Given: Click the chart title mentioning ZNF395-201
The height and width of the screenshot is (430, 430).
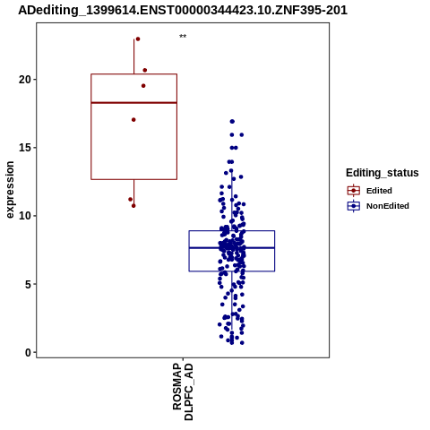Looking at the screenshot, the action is (x=183, y=10).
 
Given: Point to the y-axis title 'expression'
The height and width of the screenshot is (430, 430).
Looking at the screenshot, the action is (x=10, y=190).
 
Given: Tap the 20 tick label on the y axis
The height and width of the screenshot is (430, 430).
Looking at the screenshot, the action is (x=25, y=80).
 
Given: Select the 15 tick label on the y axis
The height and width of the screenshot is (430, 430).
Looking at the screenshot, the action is (x=25, y=148).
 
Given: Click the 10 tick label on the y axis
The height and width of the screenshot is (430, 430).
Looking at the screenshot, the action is (x=25, y=216).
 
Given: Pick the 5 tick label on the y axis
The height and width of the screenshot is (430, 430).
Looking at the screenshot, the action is (x=28, y=284).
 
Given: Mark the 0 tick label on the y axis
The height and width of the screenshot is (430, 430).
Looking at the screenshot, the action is (x=28, y=353).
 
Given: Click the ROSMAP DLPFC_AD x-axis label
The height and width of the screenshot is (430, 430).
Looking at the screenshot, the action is (x=183, y=391).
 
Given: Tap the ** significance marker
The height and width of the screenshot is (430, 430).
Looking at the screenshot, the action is (x=183, y=37).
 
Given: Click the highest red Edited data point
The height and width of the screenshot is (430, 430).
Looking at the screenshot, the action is (x=138, y=39).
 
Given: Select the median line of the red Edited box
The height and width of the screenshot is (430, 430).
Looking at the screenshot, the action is (x=134, y=103).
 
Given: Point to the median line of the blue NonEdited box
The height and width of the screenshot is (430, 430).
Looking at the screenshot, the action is (x=232, y=248).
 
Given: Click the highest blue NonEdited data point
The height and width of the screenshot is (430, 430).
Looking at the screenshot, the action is (x=232, y=122).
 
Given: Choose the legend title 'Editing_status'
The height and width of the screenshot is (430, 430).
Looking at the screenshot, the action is (x=383, y=173).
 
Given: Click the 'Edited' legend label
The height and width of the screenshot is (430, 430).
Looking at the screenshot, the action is (x=379, y=191).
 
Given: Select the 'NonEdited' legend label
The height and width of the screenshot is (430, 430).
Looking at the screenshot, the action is (x=388, y=206).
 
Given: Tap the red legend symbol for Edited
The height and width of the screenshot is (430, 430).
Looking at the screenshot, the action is (x=354, y=190).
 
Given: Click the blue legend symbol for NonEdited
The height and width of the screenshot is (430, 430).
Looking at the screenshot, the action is (x=354, y=206).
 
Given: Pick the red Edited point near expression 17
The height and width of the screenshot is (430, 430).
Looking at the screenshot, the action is (x=133, y=120).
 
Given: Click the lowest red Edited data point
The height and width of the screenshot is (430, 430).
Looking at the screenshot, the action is (x=133, y=206).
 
